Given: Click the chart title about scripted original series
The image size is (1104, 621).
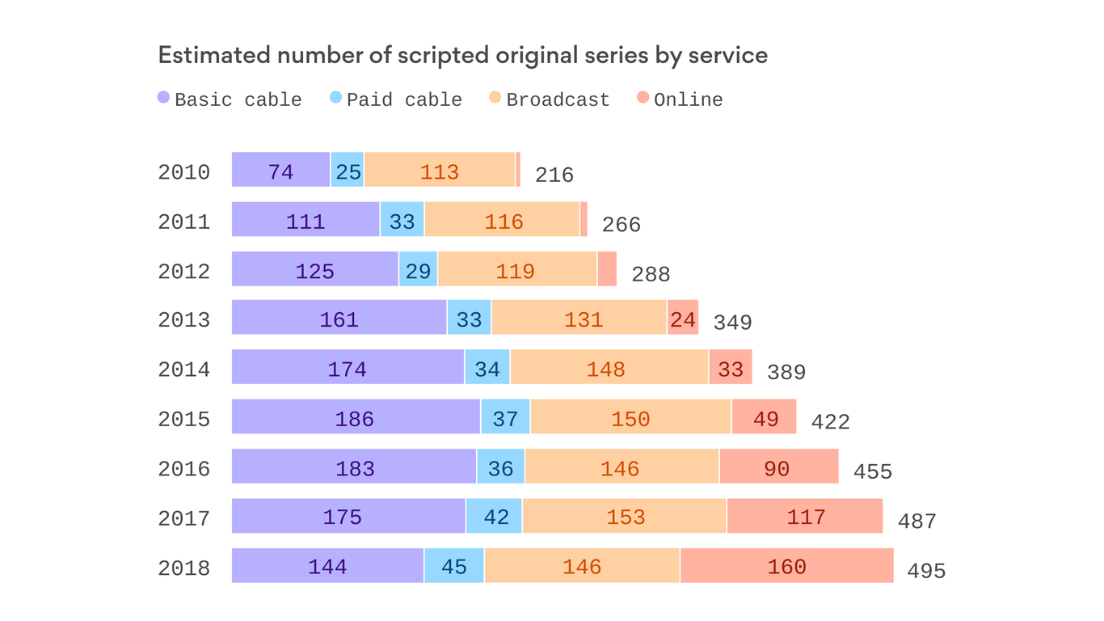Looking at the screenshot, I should pos(462,56).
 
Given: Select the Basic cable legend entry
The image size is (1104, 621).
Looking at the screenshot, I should pos(230,99).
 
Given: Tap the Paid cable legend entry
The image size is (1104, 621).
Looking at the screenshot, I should pos(396,99).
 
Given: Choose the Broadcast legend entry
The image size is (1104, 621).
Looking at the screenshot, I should pos(550,99).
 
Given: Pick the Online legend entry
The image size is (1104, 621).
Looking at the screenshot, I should pos(680,99).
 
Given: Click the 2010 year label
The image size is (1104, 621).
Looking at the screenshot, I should pos(184,172).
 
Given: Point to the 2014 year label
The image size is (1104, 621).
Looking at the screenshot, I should pos(184,370).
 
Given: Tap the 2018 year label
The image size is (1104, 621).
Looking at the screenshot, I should pos(184,568).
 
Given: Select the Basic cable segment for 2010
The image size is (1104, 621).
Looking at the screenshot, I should pos(280,170).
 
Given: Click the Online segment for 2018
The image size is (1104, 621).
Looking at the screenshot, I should pos(786,566).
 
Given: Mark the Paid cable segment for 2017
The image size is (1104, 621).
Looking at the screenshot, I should pos(495,516).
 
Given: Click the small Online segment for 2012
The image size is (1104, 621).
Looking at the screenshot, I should pos(607,268).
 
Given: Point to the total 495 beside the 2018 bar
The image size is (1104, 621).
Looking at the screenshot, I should pos(926,571).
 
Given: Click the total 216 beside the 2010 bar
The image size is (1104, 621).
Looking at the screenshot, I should pos(554,175).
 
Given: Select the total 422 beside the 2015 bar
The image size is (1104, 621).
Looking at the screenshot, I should pos(830,422).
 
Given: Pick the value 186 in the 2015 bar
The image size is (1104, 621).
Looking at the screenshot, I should pos(355,419).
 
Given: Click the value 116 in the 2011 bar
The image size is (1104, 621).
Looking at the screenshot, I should pos(504,222).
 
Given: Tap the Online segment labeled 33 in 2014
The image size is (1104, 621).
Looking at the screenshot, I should pos(731,368).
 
